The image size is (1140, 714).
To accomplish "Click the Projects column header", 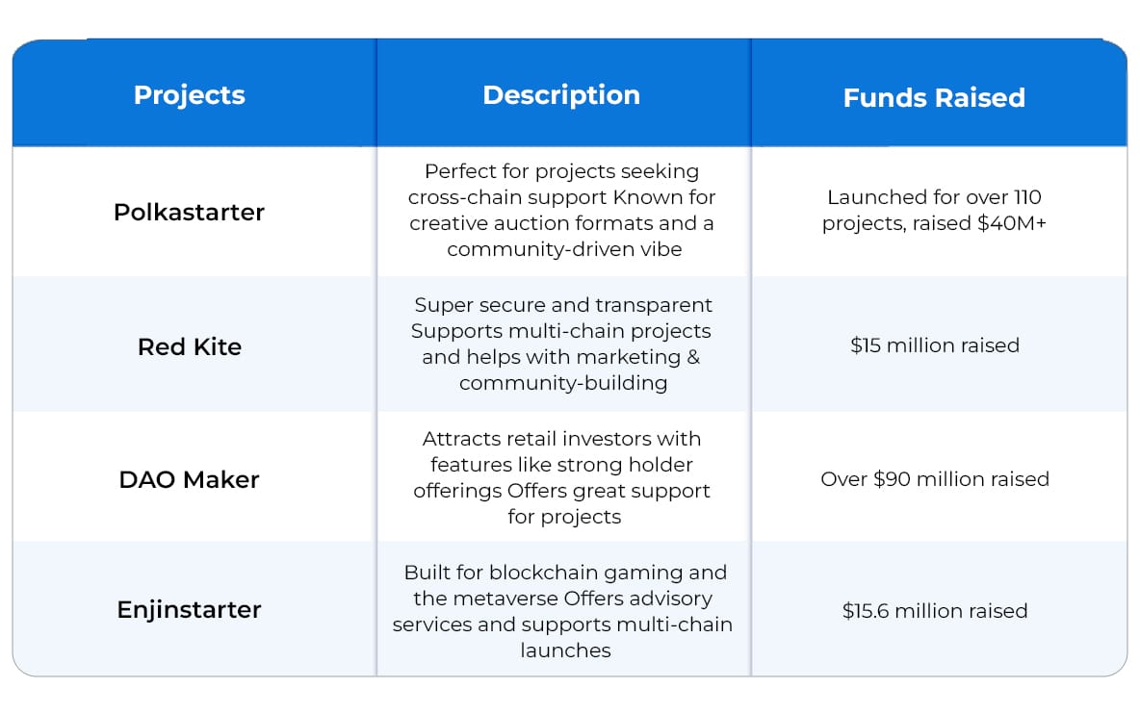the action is click(189, 96).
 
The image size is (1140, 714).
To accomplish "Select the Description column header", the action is click(561, 95).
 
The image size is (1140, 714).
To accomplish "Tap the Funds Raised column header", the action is click(934, 98).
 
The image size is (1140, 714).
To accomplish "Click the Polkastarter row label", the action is click(189, 212).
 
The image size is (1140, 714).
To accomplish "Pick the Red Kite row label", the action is click(189, 346).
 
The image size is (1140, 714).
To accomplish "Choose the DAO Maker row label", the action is click(189, 479).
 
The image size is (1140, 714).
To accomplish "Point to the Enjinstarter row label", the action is click(189, 609).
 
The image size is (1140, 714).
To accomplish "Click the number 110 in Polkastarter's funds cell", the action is click(1027, 197).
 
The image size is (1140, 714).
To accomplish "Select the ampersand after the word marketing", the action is click(693, 357).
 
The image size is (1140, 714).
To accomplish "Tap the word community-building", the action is click(563, 383).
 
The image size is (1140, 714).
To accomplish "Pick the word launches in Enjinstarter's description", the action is click(565, 650).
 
